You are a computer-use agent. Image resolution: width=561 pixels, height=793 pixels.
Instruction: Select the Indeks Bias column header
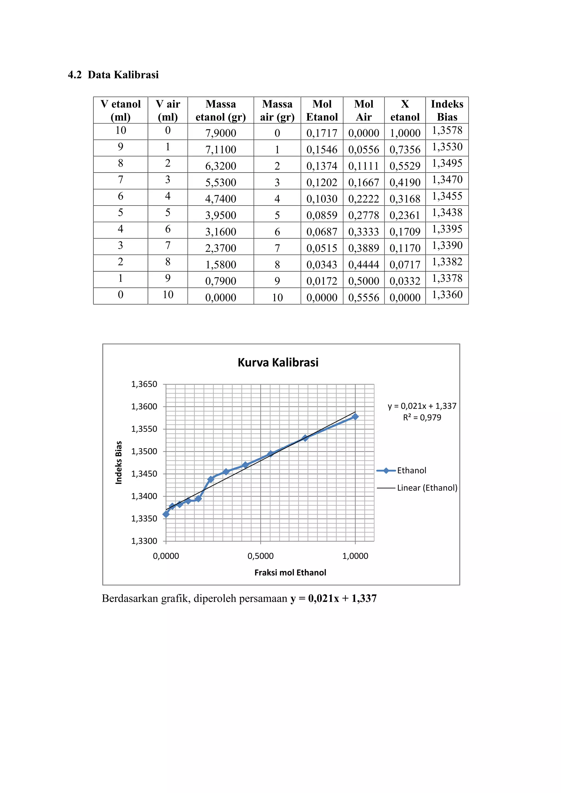tap(447, 110)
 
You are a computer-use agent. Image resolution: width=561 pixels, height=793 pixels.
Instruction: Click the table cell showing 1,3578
tap(447, 131)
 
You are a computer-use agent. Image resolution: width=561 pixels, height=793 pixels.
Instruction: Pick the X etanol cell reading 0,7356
tap(405, 150)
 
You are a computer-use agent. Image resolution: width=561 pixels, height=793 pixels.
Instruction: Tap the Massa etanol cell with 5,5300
tap(221, 182)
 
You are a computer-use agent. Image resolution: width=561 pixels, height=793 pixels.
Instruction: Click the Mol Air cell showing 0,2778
tap(363, 215)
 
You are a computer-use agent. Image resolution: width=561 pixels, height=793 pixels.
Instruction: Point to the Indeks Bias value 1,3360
tap(447, 295)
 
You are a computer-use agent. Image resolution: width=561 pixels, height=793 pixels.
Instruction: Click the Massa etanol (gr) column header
tap(221, 110)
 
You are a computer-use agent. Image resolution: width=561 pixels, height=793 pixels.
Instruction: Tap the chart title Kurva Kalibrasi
tap(278, 362)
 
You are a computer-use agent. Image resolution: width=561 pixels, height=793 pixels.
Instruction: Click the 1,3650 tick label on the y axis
tap(144, 384)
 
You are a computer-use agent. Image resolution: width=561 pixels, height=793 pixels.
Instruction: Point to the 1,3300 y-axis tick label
tap(144, 541)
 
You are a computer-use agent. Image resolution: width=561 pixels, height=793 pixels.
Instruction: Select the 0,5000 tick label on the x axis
tap(261, 556)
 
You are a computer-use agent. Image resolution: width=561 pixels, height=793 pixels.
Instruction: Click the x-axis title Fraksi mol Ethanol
tap(290, 573)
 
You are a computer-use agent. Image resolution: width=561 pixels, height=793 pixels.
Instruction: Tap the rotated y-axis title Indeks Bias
tap(119, 462)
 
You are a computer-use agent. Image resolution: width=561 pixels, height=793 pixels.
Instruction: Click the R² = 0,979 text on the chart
tap(422, 418)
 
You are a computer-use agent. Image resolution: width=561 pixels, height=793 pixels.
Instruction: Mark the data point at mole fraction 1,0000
tap(355, 417)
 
